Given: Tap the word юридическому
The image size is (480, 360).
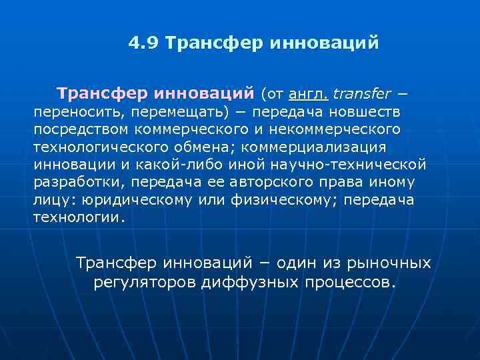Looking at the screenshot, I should (134, 200).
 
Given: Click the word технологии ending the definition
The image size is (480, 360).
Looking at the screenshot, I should (77, 218).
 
